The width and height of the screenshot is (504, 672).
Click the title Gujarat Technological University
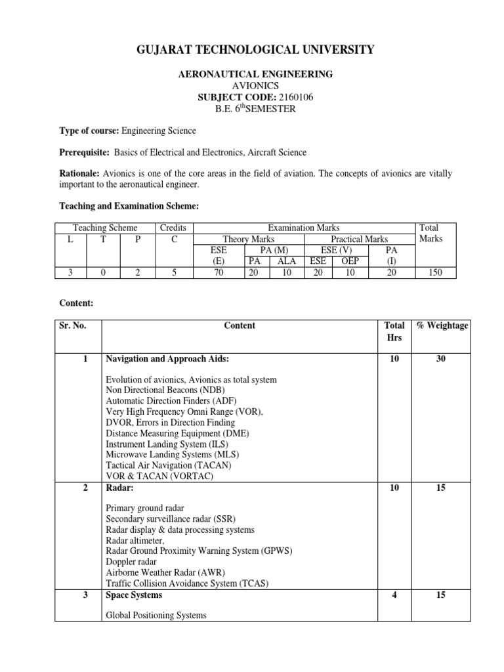(255, 50)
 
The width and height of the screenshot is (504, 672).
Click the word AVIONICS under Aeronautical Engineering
(255, 86)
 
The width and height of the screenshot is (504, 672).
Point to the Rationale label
(79, 173)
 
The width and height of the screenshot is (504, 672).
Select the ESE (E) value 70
(219, 272)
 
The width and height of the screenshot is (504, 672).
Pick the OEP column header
(350, 261)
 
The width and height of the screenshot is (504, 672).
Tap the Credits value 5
(174, 272)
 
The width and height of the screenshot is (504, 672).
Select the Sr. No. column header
(72, 325)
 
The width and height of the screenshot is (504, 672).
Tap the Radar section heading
(117, 486)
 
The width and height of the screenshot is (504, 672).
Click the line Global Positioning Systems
(156, 615)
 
